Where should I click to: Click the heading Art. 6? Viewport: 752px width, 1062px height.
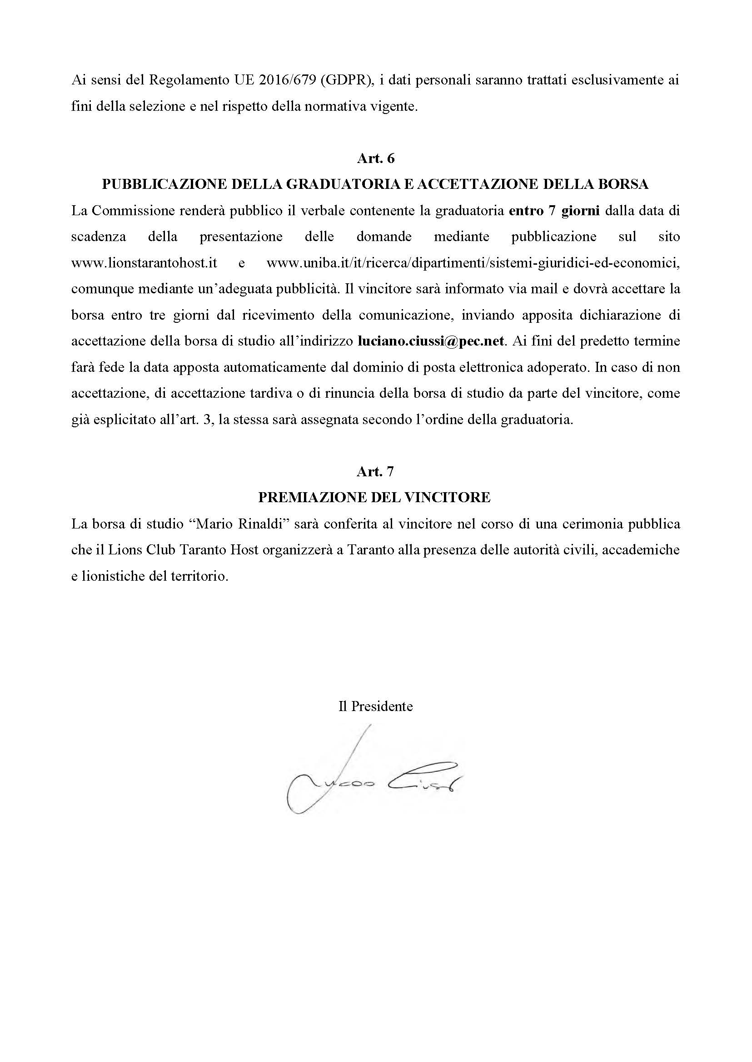[x=375, y=158]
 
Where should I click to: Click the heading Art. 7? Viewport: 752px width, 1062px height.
[x=375, y=472]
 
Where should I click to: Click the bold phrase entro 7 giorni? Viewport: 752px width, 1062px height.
[x=554, y=211]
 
